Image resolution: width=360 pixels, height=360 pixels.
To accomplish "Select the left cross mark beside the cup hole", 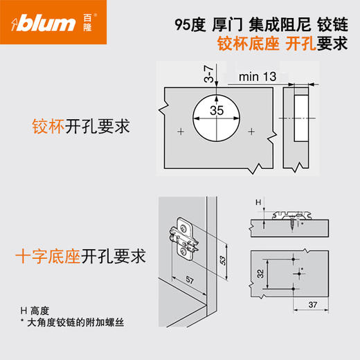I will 180,131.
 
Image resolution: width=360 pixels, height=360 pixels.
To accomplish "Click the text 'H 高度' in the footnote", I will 35,312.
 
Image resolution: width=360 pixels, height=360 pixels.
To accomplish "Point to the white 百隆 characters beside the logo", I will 86,25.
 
